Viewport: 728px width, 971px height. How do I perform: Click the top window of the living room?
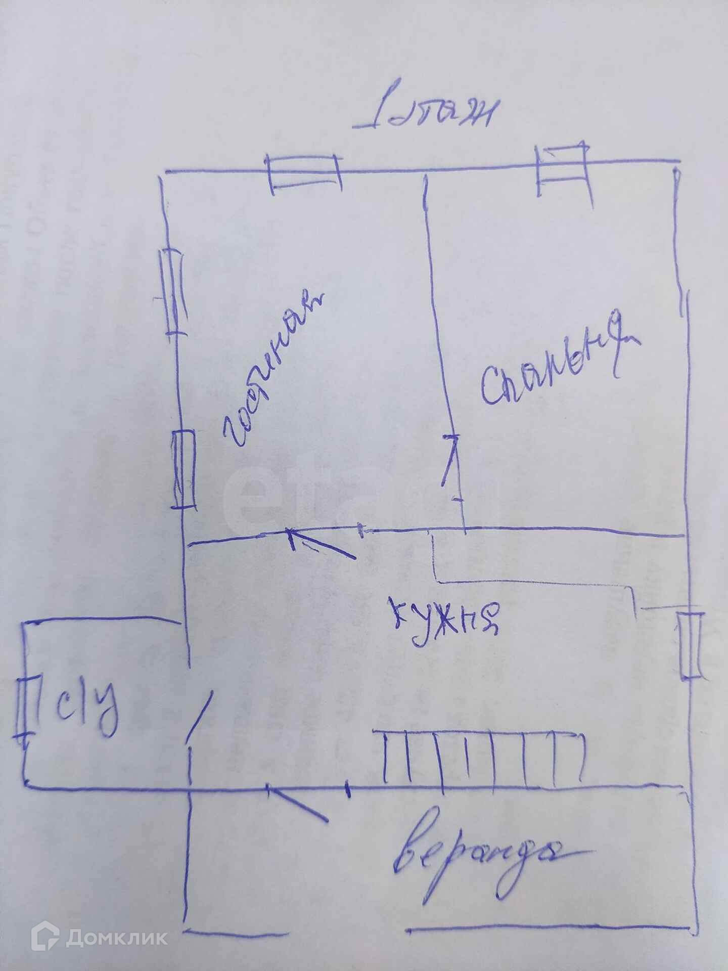[303, 173]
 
